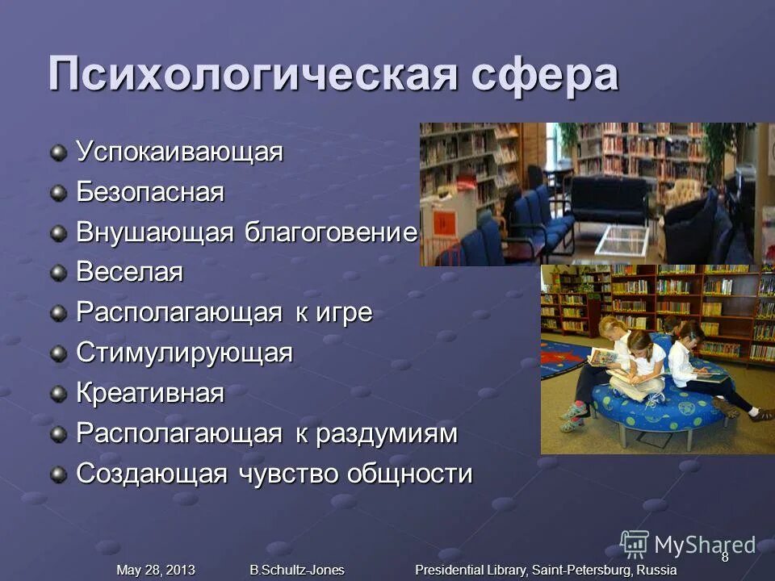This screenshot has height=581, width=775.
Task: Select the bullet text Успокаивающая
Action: pos(179,152)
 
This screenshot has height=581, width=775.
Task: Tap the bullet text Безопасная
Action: pos(150,193)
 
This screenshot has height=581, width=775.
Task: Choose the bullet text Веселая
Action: pos(130,273)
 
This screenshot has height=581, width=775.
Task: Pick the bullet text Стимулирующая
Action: pos(184,353)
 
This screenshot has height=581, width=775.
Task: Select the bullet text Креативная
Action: pos(150,394)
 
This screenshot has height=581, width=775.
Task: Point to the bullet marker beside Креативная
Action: pos(59,395)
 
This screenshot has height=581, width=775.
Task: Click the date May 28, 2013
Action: pos(156,570)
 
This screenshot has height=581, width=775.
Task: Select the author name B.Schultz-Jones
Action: pos(297,570)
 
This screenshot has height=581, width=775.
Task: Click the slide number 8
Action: pos(724,557)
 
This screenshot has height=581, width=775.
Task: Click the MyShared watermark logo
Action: pos(687,545)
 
